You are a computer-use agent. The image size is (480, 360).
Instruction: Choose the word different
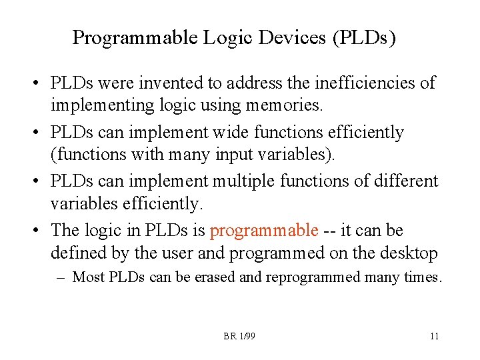click(x=405, y=181)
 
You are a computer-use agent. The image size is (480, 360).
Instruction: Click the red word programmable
click(x=265, y=231)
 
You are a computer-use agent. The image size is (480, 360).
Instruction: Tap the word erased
click(x=214, y=277)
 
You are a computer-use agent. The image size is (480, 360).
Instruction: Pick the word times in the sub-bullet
click(x=421, y=277)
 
